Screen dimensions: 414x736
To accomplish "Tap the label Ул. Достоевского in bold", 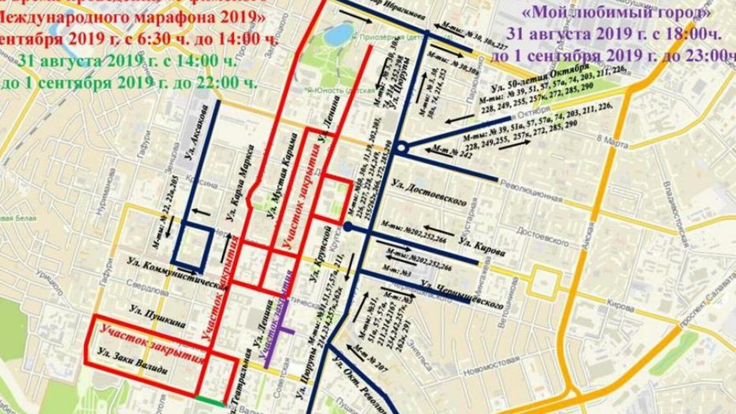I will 428,193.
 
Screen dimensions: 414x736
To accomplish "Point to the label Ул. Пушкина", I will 157,316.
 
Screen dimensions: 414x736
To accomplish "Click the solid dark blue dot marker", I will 348,227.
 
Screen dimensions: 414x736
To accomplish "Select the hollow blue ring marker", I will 402,148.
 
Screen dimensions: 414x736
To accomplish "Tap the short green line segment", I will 209,401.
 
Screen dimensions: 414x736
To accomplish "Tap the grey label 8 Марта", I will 612,142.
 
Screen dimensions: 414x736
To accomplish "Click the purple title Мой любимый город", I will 616,13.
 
